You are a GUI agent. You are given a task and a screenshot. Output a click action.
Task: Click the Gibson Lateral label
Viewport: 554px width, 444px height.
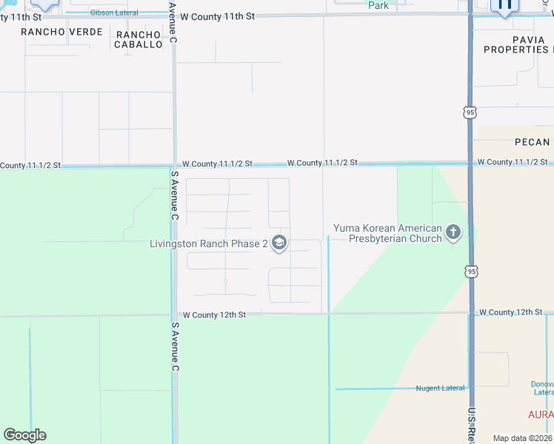[x=114, y=13]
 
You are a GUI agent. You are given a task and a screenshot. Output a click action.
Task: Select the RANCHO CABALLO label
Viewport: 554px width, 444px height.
[x=138, y=39]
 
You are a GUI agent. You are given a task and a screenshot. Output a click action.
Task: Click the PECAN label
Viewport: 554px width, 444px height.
[x=532, y=142]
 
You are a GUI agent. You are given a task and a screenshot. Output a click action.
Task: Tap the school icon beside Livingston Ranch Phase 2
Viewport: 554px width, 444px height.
[x=279, y=243]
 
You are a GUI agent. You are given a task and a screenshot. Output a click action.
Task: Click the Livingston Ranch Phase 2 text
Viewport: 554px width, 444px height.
[x=208, y=243]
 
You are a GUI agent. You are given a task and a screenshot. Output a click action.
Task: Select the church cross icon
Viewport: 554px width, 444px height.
[x=453, y=234]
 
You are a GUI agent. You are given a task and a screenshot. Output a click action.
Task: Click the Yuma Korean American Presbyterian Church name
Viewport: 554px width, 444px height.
[x=387, y=234]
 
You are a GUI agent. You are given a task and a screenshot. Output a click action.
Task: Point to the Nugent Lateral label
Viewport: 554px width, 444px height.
[x=441, y=388]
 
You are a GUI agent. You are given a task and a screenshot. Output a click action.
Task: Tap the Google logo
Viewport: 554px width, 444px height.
[x=24, y=435]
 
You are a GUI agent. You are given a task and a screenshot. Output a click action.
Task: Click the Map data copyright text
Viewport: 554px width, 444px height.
[x=521, y=438]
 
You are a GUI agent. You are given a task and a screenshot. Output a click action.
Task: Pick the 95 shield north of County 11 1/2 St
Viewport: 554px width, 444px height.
[x=470, y=112]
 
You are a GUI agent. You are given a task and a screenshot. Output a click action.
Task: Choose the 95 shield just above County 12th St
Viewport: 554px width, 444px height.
[x=473, y=272]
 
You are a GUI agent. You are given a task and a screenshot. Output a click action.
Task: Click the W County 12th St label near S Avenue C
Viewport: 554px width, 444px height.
[x=213, y=314]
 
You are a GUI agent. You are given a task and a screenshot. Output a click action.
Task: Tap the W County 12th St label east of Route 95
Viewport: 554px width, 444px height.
[x=512, y=312]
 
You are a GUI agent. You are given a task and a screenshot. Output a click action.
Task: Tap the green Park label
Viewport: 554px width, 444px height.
[x=378, y=5]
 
